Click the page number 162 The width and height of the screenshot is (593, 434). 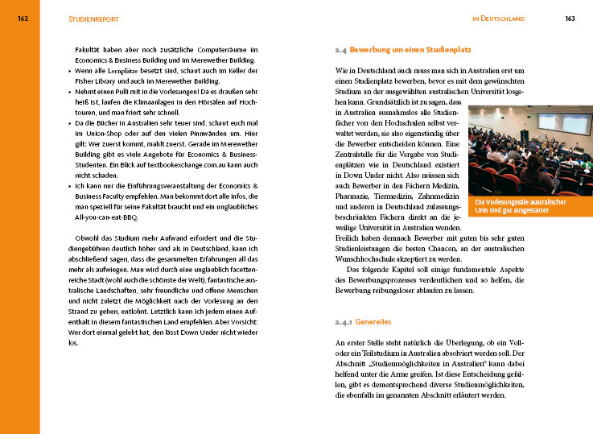pyautogui.click(x=23, y=19)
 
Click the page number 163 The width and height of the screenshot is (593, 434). pyautogui.click(x=570, y=19)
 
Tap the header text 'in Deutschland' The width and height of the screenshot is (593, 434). pyautogui.click(x=498, y=19)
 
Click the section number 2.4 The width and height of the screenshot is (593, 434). pyautogui.click(x=340, y=50)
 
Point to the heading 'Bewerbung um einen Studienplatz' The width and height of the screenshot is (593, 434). pyautogui.click(x=410, y=50)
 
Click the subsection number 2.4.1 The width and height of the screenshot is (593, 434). pyautogui.click(x=343, y=322)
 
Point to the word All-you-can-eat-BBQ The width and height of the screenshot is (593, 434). pyautogui.click(x=109, y=217)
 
